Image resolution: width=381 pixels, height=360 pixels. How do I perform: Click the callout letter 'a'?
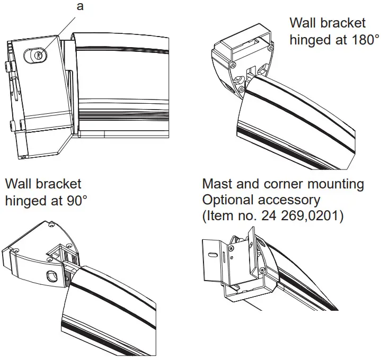(80, 7)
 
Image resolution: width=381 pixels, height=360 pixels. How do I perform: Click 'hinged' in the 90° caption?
(26, 201)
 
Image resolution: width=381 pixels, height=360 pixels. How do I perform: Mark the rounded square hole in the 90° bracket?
(52, 276)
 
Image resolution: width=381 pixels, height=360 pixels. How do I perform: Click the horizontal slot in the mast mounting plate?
(212, 255)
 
